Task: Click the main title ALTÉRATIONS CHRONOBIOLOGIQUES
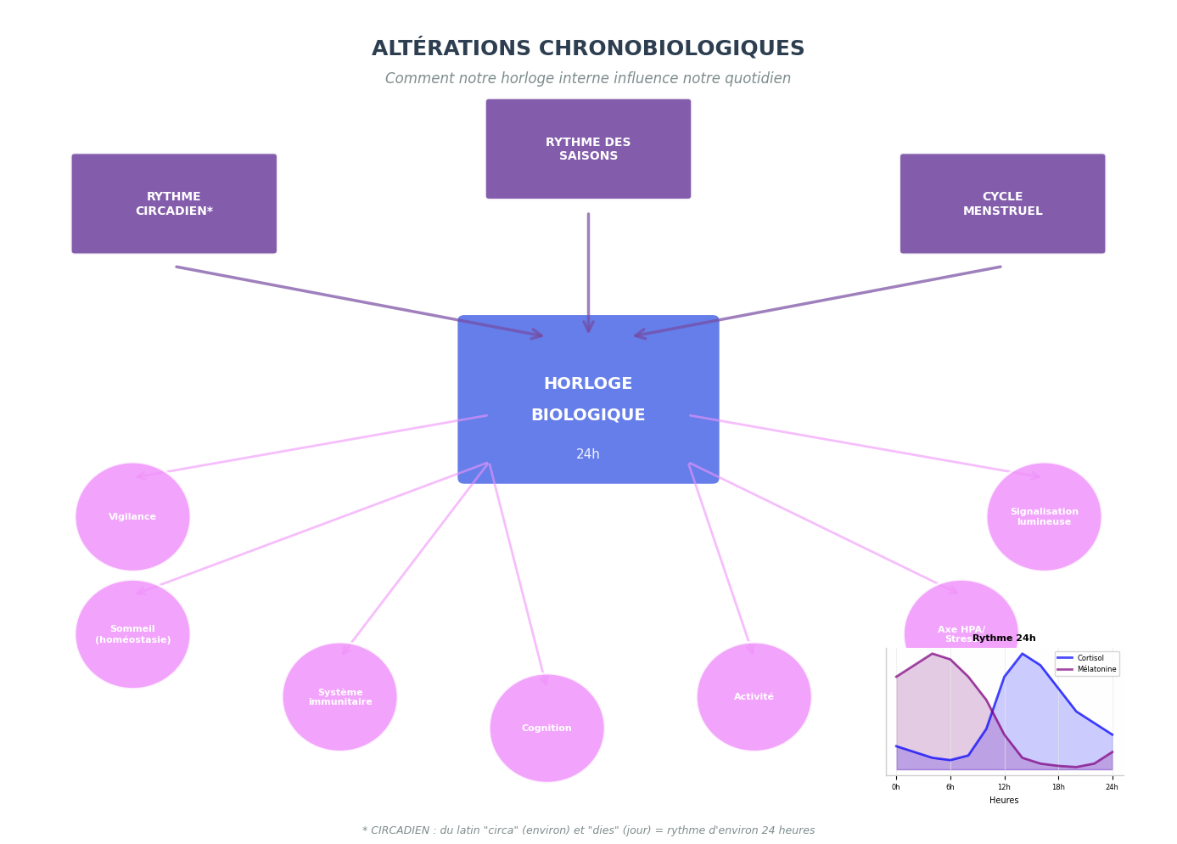[x=587, y=49]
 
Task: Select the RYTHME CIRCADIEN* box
[x=174, y=204]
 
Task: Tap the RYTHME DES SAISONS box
[x=588, y=149]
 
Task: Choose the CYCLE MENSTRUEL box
[x=1002, y=204]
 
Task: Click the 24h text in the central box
[x=588, y=454]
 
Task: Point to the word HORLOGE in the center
[x=588, y=384]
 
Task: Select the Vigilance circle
[x=132, y=517]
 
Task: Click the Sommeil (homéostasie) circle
[x=132, y=634]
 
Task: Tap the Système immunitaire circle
[x=339, y=697]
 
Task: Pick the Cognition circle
[x=546, y=729]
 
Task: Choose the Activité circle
[x=754, y=697]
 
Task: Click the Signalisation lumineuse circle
[x=1044, y=517]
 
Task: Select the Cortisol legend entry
[x=1090, y=658]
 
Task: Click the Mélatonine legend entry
[x=1096, y=669]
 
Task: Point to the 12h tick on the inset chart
[x=1004, y=787]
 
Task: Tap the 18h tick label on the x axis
[x=1058, y=787]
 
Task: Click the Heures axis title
[x=1004, y=801]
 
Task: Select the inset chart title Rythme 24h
[x=1004, y=639]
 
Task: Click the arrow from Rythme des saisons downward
[x=588, y=272]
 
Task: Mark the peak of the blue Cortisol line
[x=1023, y=654]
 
